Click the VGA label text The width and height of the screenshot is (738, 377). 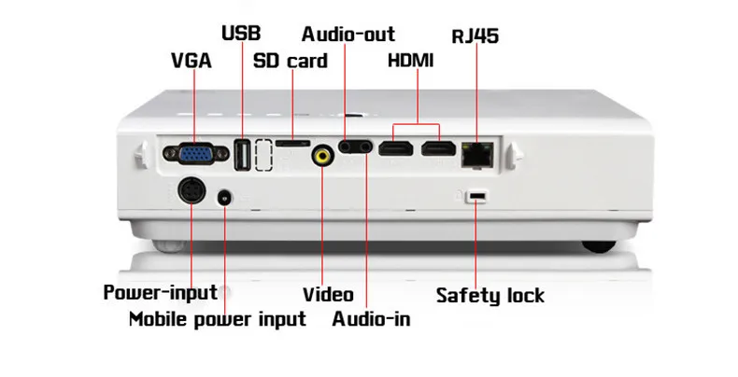coord(192,63)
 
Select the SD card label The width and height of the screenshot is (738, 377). coord(291,63)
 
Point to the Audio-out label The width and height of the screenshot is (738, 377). coord(348,35)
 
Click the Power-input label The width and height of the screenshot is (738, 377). coord(160,292)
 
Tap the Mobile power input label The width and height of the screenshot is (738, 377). coord(217,319)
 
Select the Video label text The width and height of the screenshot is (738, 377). coord(327,295)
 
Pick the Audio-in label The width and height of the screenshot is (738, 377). coord(371,319)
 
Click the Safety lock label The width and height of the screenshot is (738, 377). coord(490,297)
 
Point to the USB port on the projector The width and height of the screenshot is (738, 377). coord(241,155)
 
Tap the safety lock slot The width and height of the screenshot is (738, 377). coord(477,196)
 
